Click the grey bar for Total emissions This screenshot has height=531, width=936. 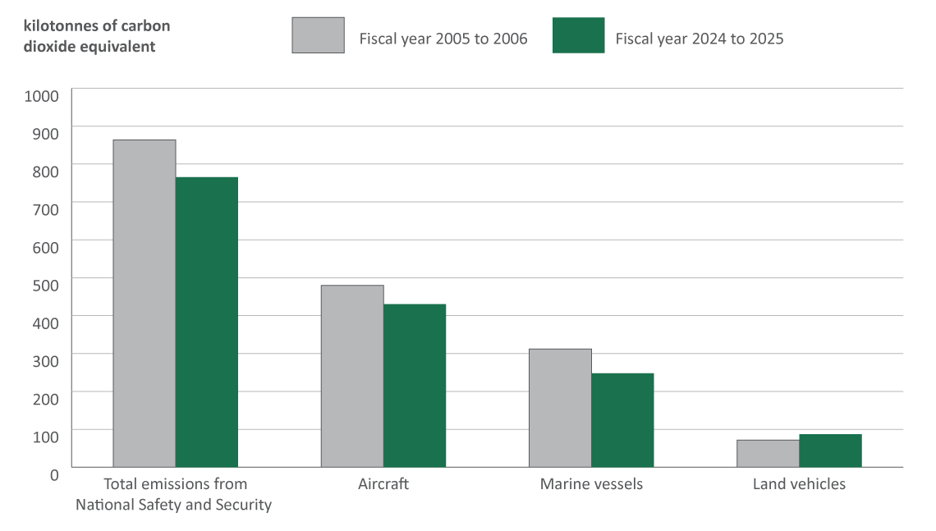[x=145, y=304]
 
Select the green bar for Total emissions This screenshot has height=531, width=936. [x=207, y=322]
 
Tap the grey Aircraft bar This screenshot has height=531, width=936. [x=352, y=376]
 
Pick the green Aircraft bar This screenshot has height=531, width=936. [x=415, y=386]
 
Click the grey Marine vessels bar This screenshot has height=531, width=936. [x=560, y=408]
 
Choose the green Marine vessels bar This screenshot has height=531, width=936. [x=622, y=420]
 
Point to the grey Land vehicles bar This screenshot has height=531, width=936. [x=768, y=453]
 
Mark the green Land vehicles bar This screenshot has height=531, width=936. [x=830, y=451]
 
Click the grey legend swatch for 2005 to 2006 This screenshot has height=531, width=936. [x=318, y=35]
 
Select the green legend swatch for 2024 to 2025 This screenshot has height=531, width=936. [x=578, y=35]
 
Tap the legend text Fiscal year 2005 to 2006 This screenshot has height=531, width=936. [x=443, y=39]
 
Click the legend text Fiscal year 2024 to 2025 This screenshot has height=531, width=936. [x=700, y=39]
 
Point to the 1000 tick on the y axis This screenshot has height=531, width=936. [x=43, y=96]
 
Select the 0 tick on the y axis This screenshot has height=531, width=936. [x=54, y=474]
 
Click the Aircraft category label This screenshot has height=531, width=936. [x=383, y=484]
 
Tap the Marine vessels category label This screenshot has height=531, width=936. [x=591, y=484]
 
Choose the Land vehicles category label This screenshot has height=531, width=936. [x=799, y=484]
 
